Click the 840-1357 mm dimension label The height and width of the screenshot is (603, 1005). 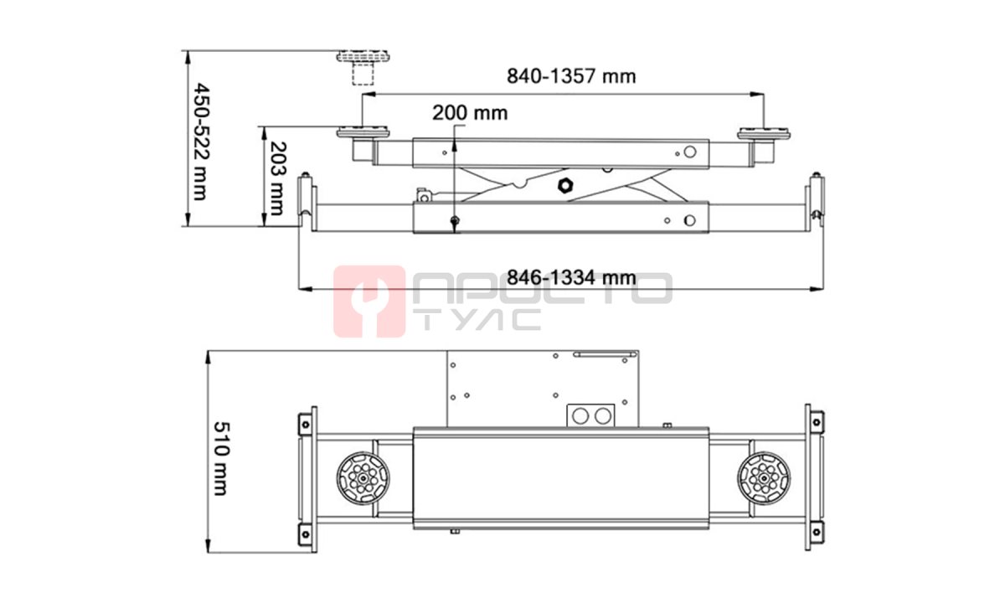571,76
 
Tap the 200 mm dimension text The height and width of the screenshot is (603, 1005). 470,113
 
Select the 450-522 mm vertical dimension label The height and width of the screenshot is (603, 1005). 200,142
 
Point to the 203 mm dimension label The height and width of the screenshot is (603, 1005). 277,178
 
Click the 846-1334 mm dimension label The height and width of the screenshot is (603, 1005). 571,278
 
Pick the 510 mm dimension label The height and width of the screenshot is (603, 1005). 221,458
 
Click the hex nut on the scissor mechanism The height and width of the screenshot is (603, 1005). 566,185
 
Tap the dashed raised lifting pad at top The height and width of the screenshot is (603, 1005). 363,67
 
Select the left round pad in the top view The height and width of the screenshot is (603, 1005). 363,478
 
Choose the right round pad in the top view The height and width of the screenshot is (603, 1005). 764,478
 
